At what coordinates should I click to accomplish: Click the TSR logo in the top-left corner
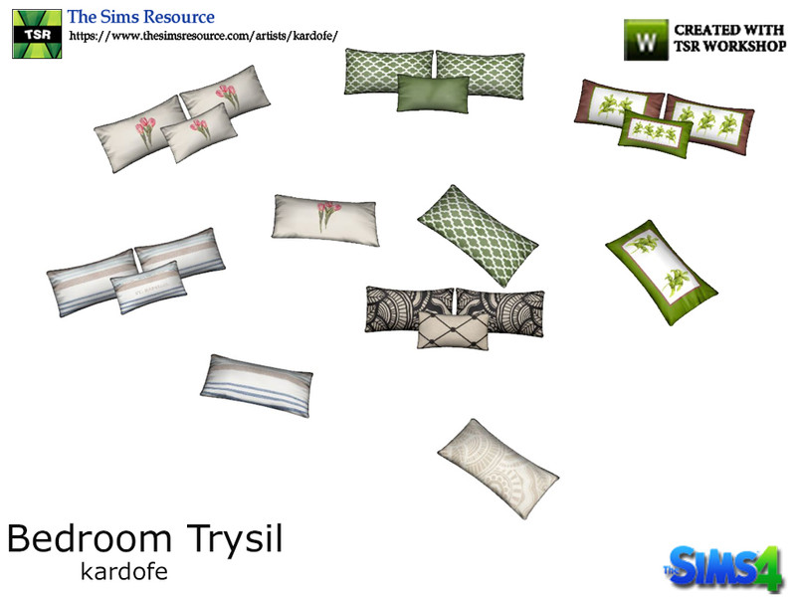[37, 34]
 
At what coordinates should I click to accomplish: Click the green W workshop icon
[646, 40]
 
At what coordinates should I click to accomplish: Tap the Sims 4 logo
[722, 567]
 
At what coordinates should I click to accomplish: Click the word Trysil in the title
[235, 539]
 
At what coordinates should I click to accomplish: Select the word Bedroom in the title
[90, 538]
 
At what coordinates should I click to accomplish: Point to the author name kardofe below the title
[124, 571]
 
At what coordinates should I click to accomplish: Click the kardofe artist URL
[203, 36]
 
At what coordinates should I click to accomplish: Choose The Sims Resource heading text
[141, 17]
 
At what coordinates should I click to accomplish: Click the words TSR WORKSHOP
[730, 46]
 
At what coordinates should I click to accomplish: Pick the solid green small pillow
[433, 94]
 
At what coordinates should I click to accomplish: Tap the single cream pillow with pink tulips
[325, 220]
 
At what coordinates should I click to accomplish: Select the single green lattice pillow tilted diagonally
[478, 235]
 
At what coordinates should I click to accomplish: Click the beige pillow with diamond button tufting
[454, 330]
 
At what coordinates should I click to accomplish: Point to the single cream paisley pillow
[498, 469]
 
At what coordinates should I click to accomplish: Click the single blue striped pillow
[257, 386]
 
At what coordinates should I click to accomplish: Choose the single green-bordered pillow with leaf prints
[662, 272]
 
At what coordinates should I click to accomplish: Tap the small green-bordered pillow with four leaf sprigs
[656, 133]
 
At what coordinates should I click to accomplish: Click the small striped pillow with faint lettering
[148, 288]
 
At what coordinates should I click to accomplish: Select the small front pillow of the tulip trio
[199, 132]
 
